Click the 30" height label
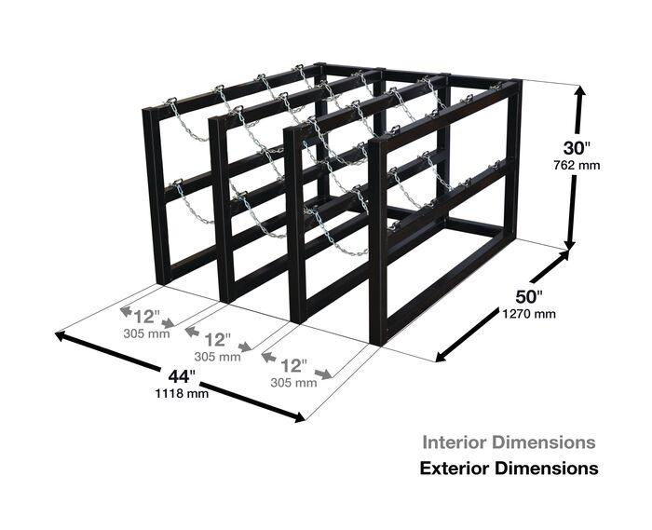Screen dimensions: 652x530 point(577,148)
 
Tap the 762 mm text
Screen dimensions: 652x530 point(577,166)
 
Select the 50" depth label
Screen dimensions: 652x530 point(529,297)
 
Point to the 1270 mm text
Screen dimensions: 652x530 point(529,313)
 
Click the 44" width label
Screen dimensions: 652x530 point(182,376)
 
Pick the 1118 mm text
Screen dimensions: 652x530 point(182,393)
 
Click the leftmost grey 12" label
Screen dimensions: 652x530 point(146,318)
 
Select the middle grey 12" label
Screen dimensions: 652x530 point(217,340)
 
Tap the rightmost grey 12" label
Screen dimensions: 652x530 point(293,366)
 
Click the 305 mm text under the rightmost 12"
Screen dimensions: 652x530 point(293,383)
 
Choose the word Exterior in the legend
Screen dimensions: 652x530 point(455,469)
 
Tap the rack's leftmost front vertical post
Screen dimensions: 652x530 point(156,197)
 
